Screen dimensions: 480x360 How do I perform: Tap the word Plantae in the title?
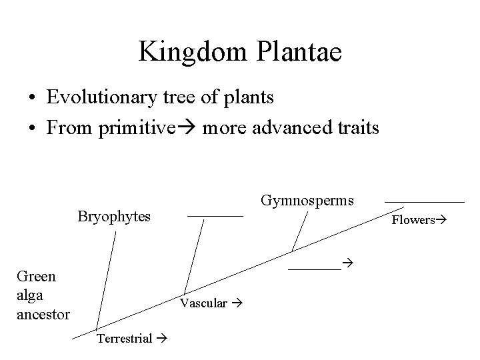click(293, 51)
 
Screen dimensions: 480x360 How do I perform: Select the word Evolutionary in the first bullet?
click(102, 97)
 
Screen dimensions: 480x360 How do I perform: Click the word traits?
click(357, 127)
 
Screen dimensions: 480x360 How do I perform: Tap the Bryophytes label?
click(114, 217)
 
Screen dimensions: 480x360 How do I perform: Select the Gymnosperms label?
click(307, 200)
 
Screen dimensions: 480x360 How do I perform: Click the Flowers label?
click(413, 219)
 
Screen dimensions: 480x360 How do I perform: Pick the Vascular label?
click(203, 303)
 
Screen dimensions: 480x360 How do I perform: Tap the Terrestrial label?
click(125, 339)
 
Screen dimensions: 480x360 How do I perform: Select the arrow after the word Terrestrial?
click(161, 339)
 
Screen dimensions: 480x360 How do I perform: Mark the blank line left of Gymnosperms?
click(215, 216)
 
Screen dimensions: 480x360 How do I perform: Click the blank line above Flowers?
click(424, 201)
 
